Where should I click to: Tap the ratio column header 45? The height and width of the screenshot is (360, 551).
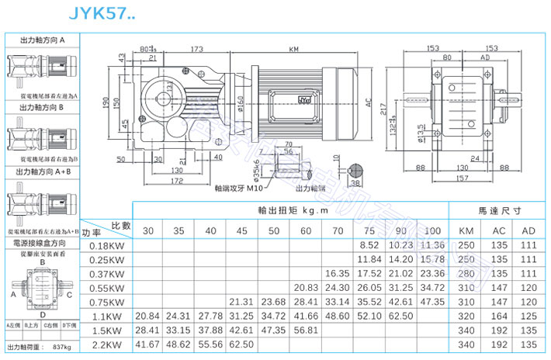click(242, 230)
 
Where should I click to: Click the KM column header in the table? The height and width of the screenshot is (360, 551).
click(466, 230)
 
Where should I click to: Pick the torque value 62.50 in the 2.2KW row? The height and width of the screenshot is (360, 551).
click(242, 343)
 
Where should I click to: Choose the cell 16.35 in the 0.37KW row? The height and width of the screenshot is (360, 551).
click(337, 273)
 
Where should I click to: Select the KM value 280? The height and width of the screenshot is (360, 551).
click(466, 273)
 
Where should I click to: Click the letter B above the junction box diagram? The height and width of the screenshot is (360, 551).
click(41, 262)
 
